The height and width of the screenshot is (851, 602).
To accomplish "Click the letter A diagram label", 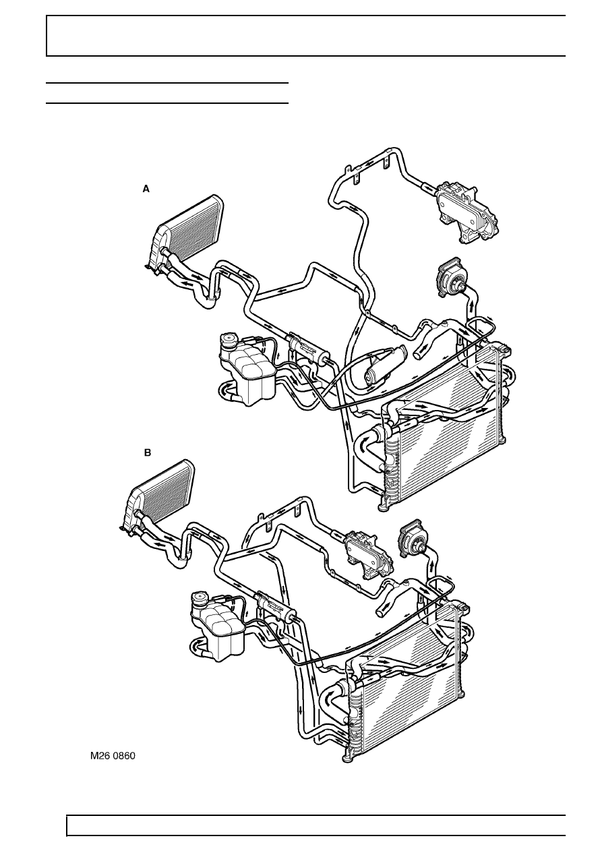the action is (x=146, y=189).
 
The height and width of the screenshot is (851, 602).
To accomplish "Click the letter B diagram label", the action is (x=148, y=453).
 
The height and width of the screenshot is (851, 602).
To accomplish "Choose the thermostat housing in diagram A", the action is (x=452, y=277).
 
